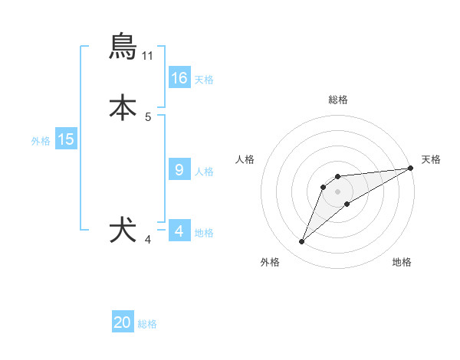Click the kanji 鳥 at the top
[123, 46]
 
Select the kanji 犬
[123, 231]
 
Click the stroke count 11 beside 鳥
[148, 56]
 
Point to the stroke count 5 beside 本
[148, 117]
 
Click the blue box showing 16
[179, 78]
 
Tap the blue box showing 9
[179, 170]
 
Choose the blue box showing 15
[66, 139]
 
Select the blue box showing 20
[123, 322]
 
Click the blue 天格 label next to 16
[204, 80]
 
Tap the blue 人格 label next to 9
[204, 172]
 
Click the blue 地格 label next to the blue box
[204, 233]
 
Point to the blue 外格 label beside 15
[41, 141]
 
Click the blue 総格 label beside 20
[147, 324]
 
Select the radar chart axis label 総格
[338, 100]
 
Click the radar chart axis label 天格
[431, 159]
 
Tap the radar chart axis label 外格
[270, 262]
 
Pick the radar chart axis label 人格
[245, 159]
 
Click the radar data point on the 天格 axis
[410, 169]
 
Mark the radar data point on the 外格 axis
[302, 242]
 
